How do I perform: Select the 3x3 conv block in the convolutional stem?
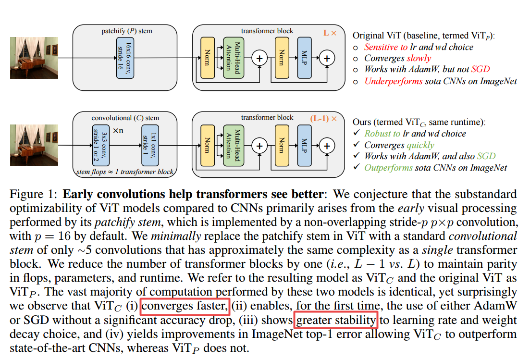point(100,144)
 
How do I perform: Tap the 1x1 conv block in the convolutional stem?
point(150,144)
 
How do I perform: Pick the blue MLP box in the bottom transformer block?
point(304,144)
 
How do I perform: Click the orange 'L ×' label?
point(330,33)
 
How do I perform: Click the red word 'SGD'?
point(480,69)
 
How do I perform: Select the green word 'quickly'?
point(420,145)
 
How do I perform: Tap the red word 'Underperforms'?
point(394,81)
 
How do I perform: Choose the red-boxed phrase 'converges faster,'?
point(185,306)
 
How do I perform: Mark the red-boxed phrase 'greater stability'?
point(335,320)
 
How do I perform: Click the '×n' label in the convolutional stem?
point(119,131)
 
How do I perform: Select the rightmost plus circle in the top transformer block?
point(327,58)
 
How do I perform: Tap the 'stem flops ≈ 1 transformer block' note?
point(125,172)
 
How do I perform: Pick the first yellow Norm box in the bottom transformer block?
point(207,144)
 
